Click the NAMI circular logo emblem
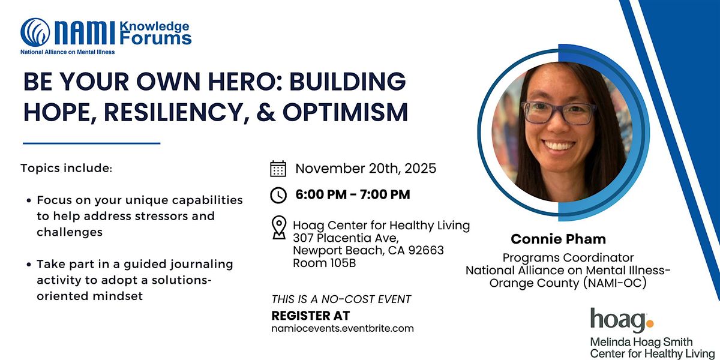tap(35, 33)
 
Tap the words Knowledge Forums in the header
tap(155, 33)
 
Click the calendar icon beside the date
tap(278, 169)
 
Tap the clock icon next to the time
tap(278, 194)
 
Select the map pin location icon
tap(278, 228)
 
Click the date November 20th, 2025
tap(365, 169)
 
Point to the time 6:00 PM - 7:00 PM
tap(353, 194)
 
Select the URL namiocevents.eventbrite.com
tap(343, 328)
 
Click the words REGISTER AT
tap(310, 316)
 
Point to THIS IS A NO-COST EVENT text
tap(341, 299)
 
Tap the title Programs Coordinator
tap(568, 258)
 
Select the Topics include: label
tap(66, 168)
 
